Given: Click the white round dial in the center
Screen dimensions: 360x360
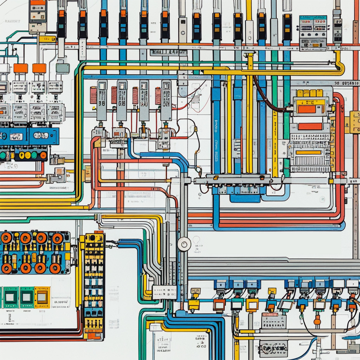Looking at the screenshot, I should [184, 244].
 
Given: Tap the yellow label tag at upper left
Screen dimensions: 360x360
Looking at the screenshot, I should [47, 39].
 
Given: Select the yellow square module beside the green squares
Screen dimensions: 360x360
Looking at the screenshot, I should [42, 297].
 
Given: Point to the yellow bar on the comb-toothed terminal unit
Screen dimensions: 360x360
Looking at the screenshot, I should [308, 152].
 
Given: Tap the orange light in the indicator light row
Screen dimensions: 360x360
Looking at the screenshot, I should [43, 155].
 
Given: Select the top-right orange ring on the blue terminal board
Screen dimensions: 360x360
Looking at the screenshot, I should [58, 238].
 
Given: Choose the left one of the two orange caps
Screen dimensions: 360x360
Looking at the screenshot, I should [20, 68].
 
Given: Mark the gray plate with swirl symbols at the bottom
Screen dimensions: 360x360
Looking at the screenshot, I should [273, 348].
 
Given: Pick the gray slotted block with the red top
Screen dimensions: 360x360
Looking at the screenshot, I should [274, 320].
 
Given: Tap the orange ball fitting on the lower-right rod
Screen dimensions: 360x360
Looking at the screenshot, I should [317, 322].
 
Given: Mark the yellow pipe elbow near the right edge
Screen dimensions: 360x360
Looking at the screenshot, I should [340, 67].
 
